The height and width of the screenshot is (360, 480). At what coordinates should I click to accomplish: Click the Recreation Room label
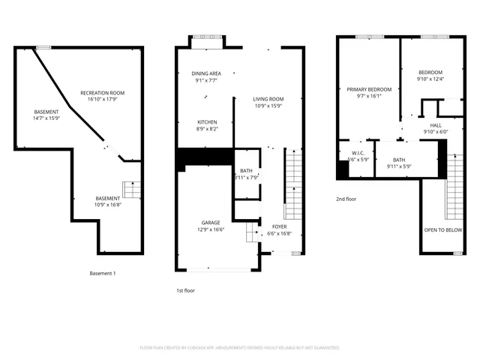[103, 93]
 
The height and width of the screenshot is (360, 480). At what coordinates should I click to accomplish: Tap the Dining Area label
[206, 73]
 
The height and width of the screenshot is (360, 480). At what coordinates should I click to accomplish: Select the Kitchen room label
[207, 122]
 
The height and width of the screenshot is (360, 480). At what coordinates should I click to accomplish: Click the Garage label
[210, 223]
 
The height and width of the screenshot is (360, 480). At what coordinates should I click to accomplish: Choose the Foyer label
[279, 226]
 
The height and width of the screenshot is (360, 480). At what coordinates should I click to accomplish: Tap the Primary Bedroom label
[369, 89]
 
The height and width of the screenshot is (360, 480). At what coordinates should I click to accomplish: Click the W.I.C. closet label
[358, 153]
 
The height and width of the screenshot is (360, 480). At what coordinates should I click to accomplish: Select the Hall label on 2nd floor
[435, 125]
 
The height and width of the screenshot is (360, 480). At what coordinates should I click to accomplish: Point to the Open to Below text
[442, 230]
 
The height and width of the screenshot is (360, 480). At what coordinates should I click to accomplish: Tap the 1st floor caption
[185, 289]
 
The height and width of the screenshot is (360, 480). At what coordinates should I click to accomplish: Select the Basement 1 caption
[103, 273]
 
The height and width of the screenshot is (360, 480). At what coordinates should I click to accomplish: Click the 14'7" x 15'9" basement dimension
[46, 118]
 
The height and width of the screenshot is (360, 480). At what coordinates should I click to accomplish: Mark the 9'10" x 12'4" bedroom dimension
[430, 79]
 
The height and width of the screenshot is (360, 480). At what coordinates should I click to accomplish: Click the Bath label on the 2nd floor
[399, 160]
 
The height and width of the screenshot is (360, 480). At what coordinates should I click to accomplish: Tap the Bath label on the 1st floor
[247, 171]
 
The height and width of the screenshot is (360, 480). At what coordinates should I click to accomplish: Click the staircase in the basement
[132, 190]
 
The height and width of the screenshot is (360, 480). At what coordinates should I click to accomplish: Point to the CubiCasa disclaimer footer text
[240, 347]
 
